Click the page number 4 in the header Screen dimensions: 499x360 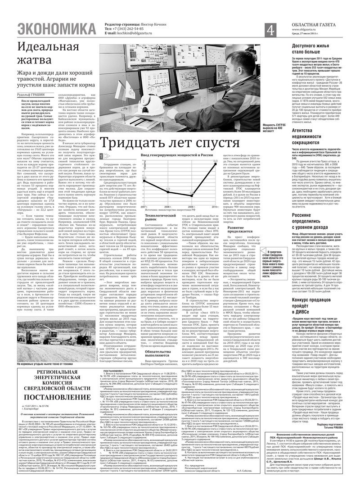coord(271,31)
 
